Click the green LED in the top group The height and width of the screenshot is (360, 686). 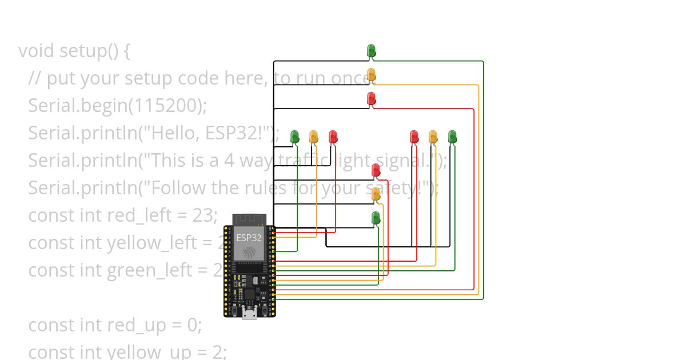coord(371,51)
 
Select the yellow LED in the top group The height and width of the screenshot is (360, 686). coord(371,75)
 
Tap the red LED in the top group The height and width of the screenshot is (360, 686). coord(371,99)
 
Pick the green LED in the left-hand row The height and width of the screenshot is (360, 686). coord(295,137)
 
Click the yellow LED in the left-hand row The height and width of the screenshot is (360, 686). coord(313,137)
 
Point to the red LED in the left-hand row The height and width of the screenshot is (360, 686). coord(333,137)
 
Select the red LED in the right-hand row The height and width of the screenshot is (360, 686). coord(414,137)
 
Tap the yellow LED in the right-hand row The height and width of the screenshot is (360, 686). coord(433,137)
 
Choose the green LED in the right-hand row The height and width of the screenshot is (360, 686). coord(452,137)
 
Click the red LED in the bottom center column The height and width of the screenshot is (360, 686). coord(376,170)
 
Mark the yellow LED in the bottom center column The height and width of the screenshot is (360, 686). coord(376,194)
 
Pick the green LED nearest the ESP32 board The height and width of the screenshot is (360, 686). coord(376,218)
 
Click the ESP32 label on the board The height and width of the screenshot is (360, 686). coord(249,238)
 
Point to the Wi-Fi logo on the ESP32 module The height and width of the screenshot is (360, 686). coord(249,252)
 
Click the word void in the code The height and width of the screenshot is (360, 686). coord(37,51)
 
